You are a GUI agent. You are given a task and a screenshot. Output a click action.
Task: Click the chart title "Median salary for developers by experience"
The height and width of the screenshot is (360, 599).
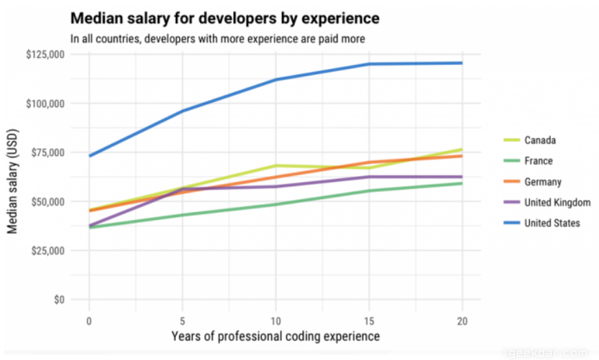pyautogui.click(x=225, y=17)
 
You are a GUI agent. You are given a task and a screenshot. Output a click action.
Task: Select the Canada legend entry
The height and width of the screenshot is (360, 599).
pyautogui.click(x=540, y=141)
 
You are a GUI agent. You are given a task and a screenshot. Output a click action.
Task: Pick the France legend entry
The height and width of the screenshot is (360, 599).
pyautogui.click(x=538, y=161)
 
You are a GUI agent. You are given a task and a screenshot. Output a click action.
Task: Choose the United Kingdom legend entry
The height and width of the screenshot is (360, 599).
pyautogui.click(x=557, y=203)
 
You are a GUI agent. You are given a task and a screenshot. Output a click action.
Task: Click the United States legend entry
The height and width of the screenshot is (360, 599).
pyautogui.click(x=552, y=223)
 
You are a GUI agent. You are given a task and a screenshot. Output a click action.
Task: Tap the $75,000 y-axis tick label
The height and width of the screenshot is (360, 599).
pyautogui.click(x=45, y=152)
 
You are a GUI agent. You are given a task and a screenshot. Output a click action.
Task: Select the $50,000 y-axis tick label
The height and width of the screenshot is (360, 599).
pyautogui.click(x=45, y=201)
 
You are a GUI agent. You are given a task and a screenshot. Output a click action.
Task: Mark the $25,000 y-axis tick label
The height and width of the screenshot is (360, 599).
pyautogui.click(x=45, y=250)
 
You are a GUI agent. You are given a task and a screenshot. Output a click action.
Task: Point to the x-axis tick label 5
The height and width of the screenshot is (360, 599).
pyautogui.click(x=182, y=321)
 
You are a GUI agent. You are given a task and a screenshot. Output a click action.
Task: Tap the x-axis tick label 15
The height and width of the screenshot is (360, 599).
pyautogui.click(x=369, y=321)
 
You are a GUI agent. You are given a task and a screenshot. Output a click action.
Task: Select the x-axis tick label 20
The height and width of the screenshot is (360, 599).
pyautogui.click(x=462, y=321)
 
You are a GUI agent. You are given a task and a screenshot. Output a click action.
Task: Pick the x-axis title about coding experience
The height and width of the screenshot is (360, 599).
pyautogui.click(x=275, y=337)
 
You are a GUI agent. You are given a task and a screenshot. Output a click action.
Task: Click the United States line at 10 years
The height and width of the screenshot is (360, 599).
pyautogui.click(x=276, y=79)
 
